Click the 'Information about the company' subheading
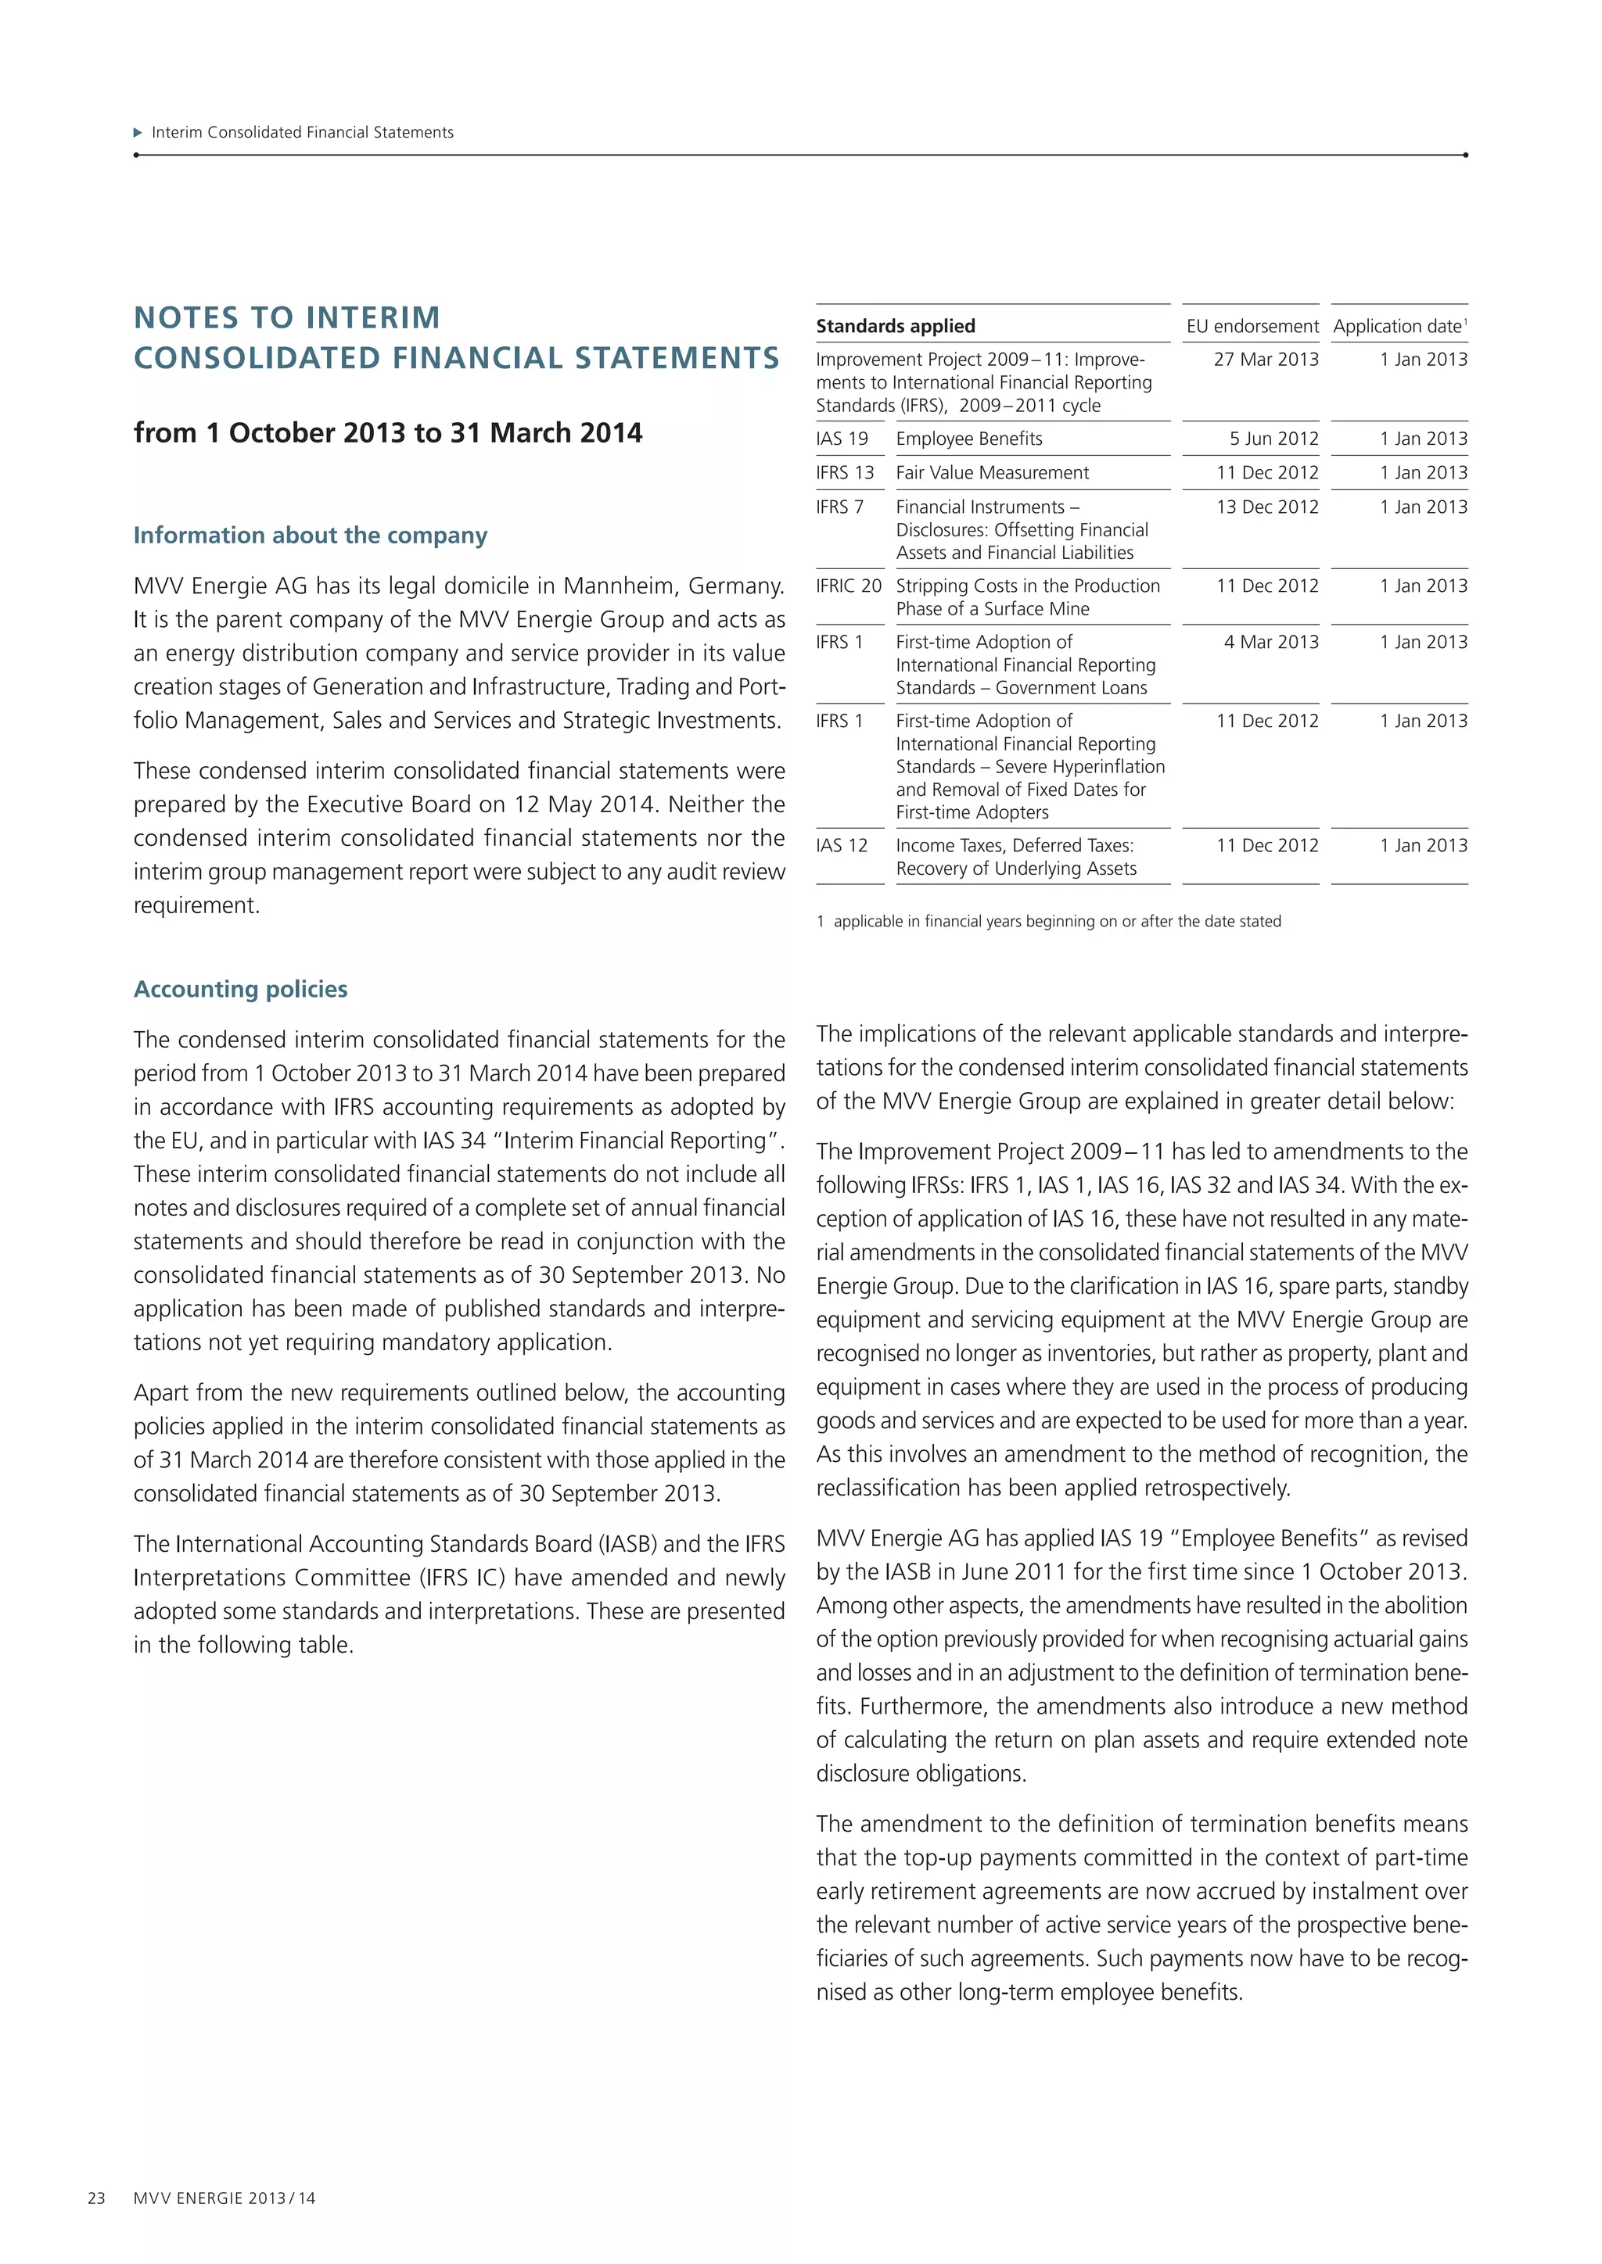coord(311,536)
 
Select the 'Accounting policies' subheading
coord(241,989)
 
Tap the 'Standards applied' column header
coord(895,326)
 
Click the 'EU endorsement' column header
coord(1252,326)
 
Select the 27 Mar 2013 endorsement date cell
coord(1266,360)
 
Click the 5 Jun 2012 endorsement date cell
coord(1273,439)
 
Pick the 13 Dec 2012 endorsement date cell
coord(1266,507)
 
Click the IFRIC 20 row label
coord(849,586)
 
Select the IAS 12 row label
coord(842,845)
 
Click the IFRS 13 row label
coord(844,472)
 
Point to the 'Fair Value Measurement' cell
coord(991,472)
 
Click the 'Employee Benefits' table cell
coord(968,439)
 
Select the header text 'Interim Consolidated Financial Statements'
coord(302,132)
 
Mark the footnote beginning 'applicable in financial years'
coord(1057,921)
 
